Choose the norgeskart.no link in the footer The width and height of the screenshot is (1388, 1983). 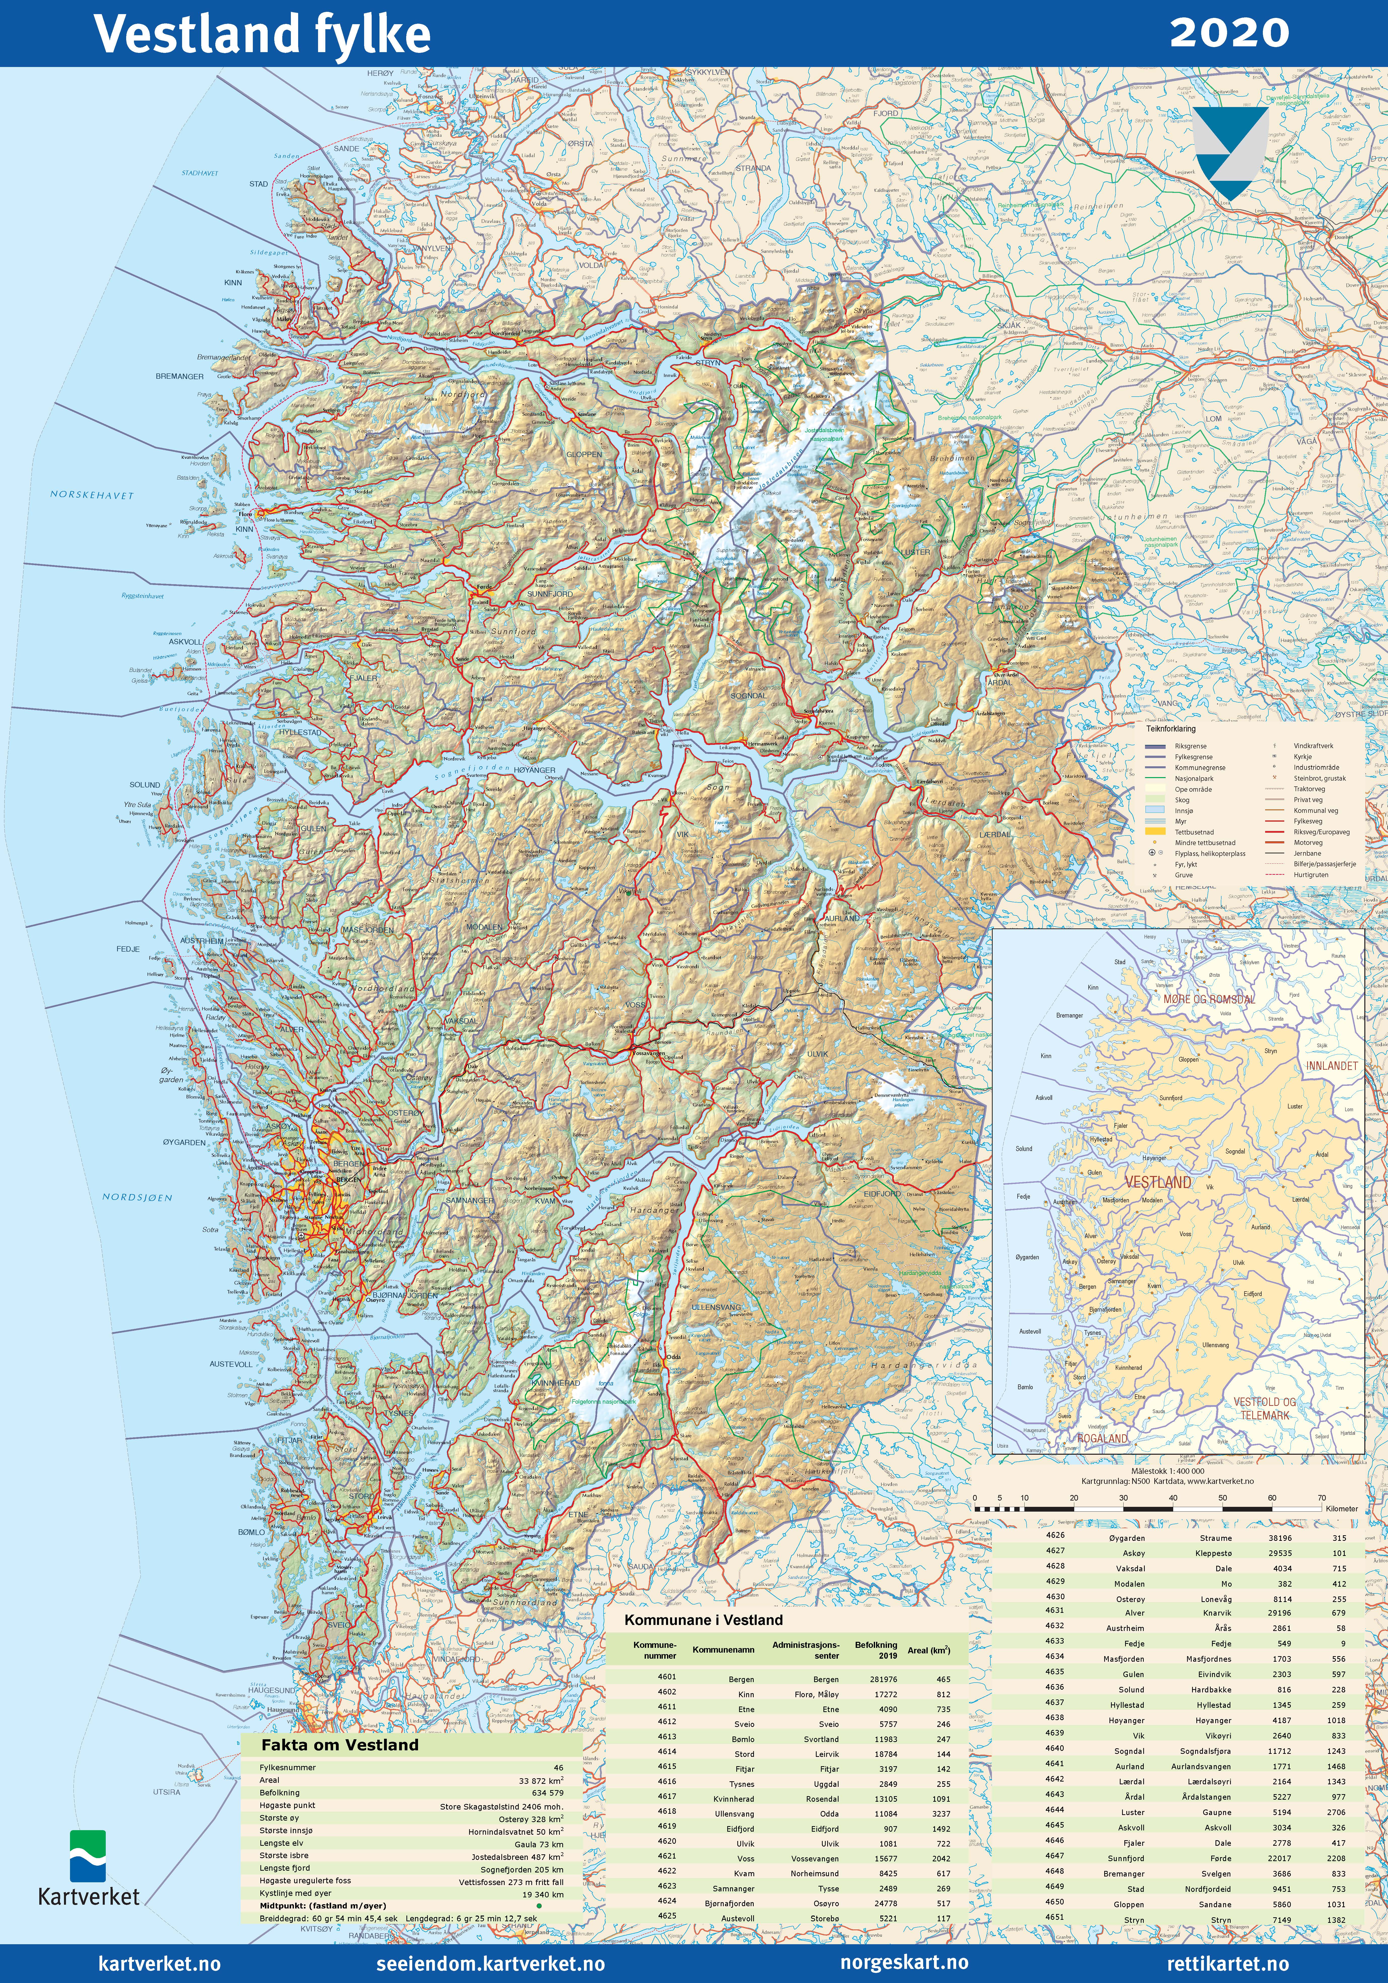click(x=904, y=1962)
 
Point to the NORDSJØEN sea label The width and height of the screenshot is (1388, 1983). click(x=137, y=1197)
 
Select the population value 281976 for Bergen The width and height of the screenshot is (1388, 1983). click(x=883, y=1679)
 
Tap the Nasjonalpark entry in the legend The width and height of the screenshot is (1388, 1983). click(x=1194, y=778)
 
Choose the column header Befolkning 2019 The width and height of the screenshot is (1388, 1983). click(x=876, y=1650)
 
